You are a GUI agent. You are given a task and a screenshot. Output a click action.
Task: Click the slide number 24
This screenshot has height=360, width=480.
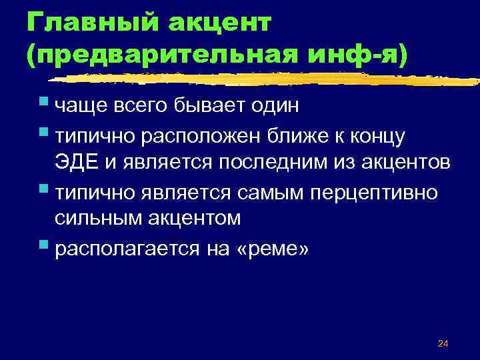click(x=443, y=344)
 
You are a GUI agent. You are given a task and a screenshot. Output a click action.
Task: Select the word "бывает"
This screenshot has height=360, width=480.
click(x=206, y=107)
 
